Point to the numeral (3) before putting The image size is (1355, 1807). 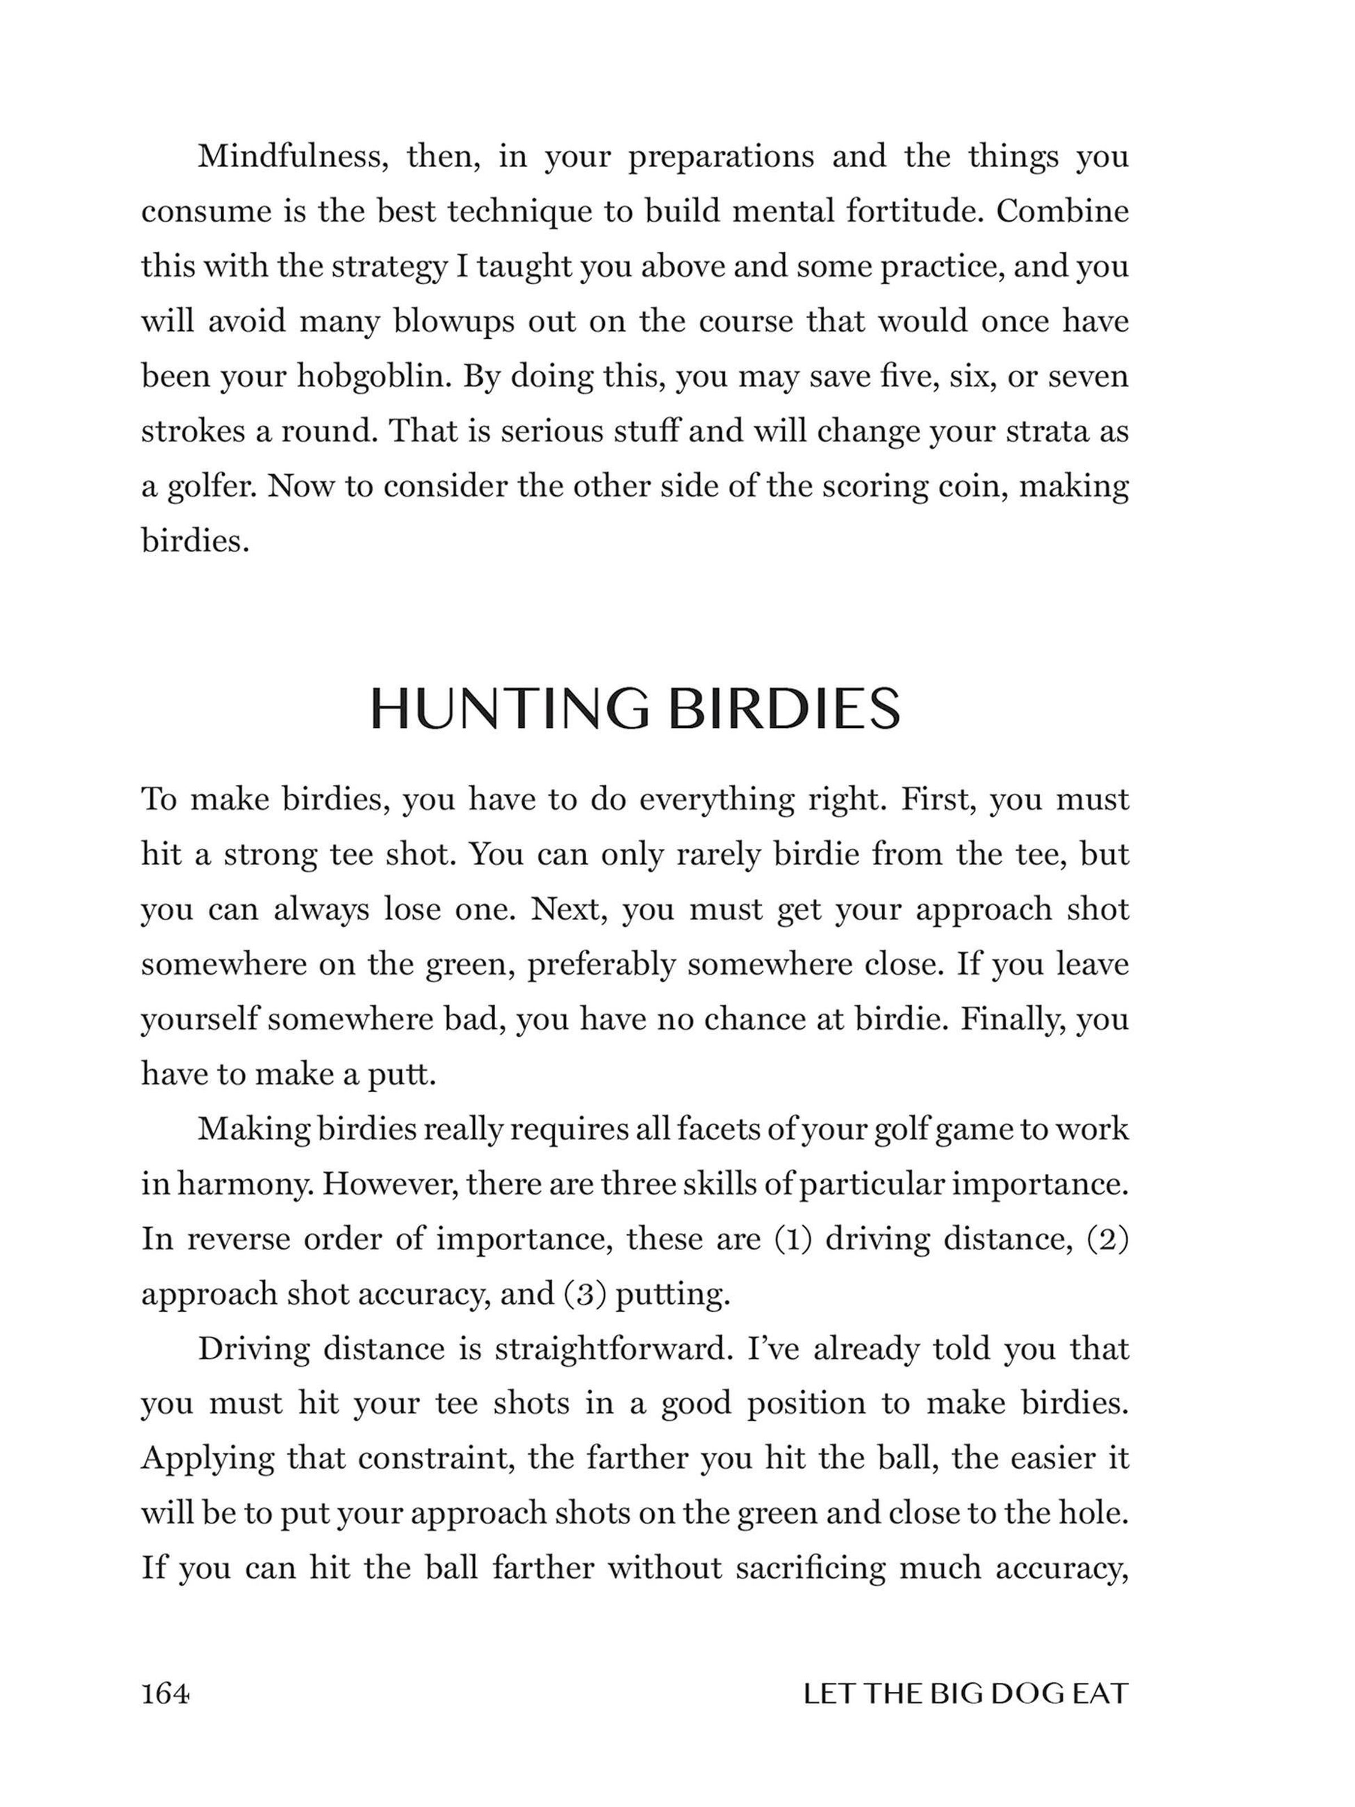click(585, 1294)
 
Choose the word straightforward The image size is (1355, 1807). click(612, 1348)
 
